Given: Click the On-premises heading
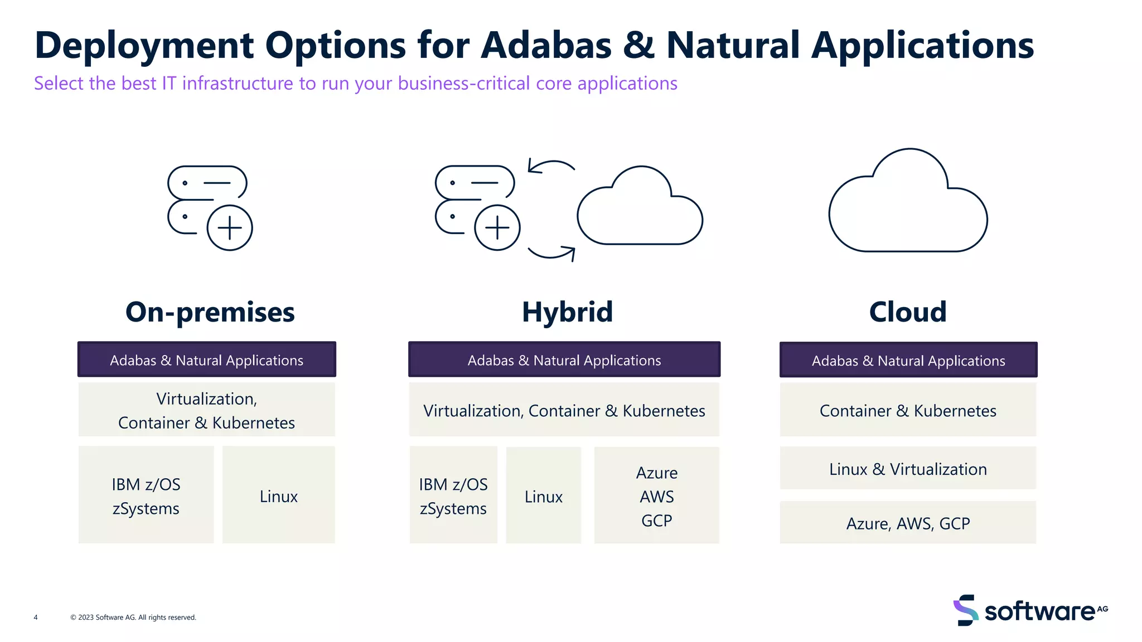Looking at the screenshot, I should click(x=210, y=312).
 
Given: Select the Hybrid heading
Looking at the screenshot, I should click(x=567, y=312).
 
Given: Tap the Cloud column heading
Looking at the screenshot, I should click(x=908, y=312).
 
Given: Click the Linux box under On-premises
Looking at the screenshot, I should click(x=279, y=495).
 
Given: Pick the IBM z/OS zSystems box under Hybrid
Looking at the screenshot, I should click(x=453, y=495).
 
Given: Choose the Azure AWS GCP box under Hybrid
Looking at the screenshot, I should click(x=656, y=495).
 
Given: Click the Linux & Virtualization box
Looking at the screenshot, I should click(x=908, y=469).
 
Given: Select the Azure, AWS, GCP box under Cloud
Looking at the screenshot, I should click(x=908, y=523).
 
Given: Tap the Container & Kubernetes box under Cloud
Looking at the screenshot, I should click(x=908, y=410).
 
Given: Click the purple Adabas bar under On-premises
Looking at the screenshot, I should click(x=206, y=360).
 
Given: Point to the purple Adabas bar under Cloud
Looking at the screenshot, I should click(x=908, y=360).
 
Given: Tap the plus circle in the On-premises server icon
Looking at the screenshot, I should click(x=230, y=228).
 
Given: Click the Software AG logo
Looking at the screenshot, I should click(x=1030, y=611).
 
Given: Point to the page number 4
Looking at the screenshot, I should click(x=36, y=617).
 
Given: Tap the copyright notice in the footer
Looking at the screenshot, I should click(x=133, y=617).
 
